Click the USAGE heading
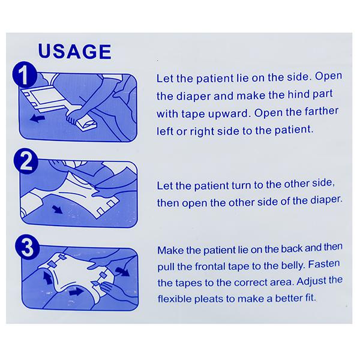click(74, 52)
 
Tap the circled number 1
click(25, 74)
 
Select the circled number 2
click(26, 161)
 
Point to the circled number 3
click(28, 247)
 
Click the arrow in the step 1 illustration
click(37, 119)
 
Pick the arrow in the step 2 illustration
click(57, 209)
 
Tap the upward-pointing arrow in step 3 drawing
click(48, 277)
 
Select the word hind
click(298, 94)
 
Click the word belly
click(292, 266)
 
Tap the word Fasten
click(324, 264)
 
